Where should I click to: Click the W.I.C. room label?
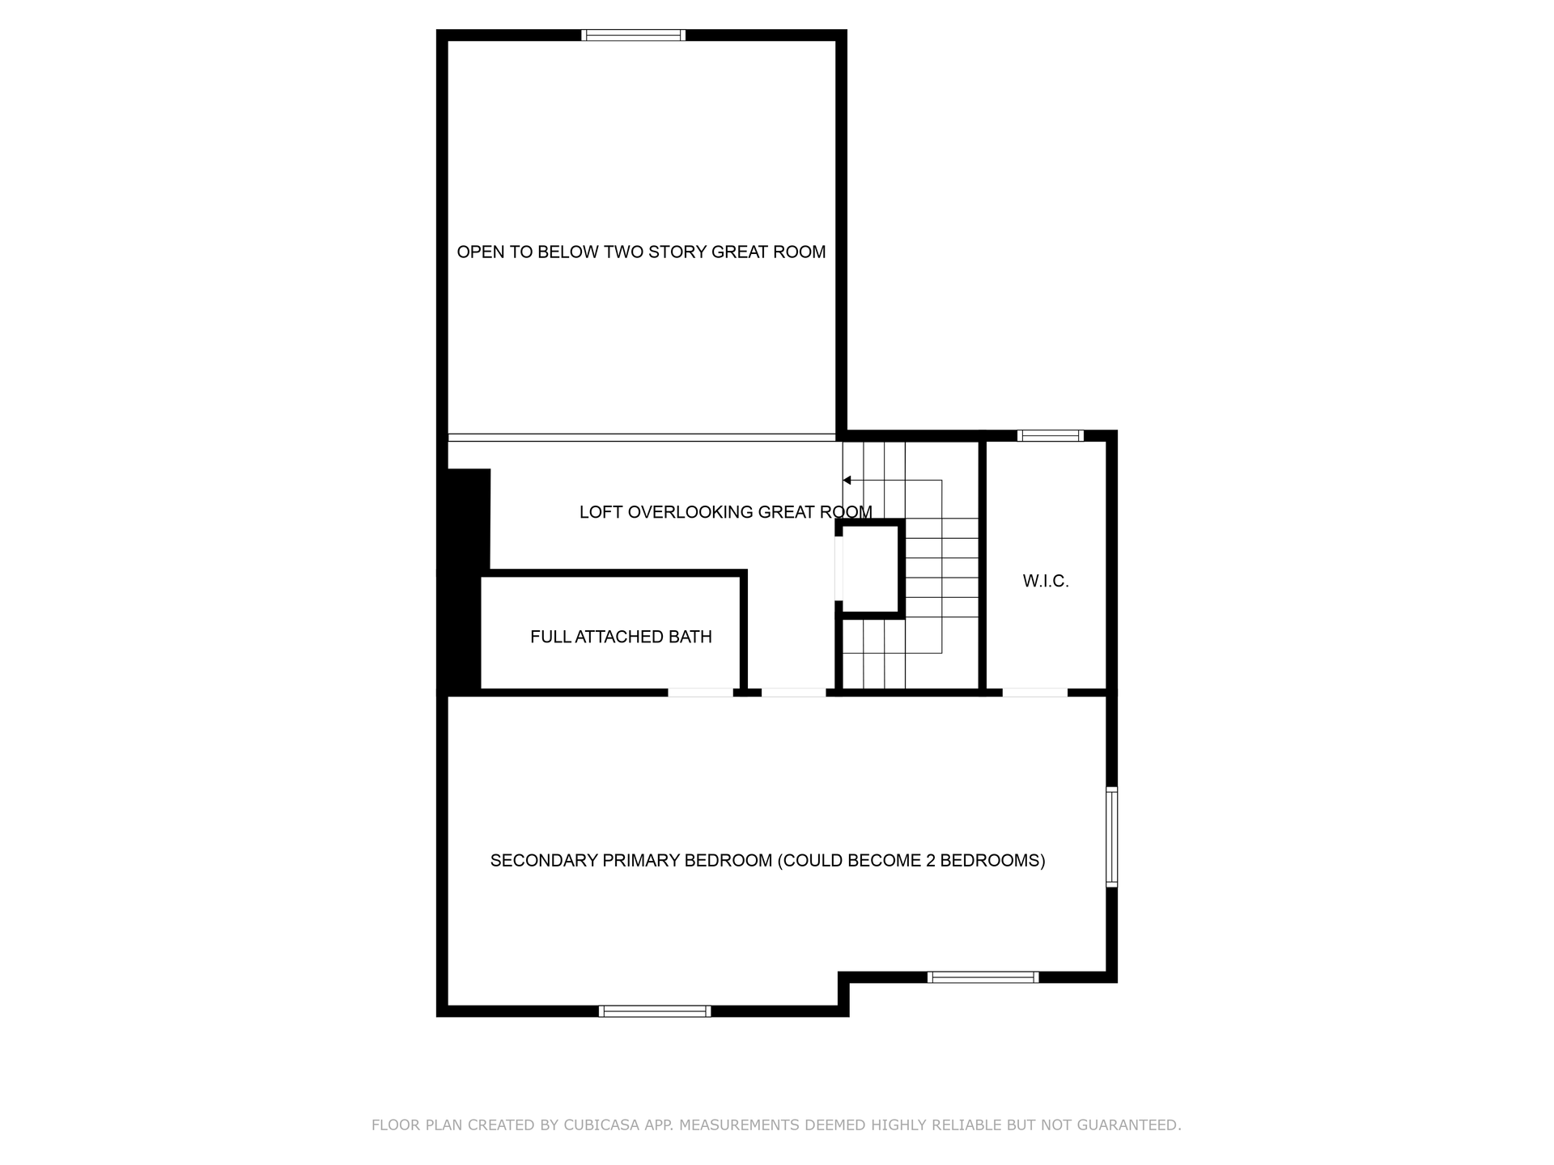(x=1046, y=581)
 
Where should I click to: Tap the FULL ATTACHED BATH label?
(x=621, y=637)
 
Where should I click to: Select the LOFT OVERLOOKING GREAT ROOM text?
(x=726, y=512)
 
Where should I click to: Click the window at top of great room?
(x=634, y=35)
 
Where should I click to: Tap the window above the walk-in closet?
(x=1051, y=435)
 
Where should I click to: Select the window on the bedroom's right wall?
(x=1112, y=837)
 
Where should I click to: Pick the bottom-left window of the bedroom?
(x=655, y=1011)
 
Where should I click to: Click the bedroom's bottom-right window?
(x=983, y=977)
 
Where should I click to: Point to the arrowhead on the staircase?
(x=847, y=481)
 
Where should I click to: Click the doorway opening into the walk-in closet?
(x=1035, y=693)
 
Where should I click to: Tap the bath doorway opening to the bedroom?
(x=701, y=693)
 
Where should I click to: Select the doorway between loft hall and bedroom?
(x=794, y=693)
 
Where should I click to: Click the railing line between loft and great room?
(x=642, y=438)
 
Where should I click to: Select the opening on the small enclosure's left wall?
(x=839, y=569)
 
